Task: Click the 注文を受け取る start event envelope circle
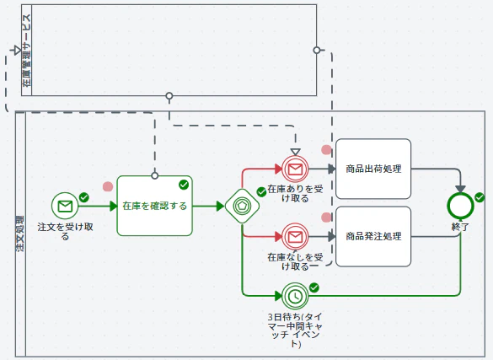[65, 206]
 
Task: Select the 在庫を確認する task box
[155, 206]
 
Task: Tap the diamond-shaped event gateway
[242, 206]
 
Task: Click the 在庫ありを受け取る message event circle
[295, 169]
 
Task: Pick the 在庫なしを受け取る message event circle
[295, 236]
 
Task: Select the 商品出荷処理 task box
[373, 169]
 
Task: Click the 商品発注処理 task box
[373, 236]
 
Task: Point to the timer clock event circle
[295, 296]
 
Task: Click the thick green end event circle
[460, 206]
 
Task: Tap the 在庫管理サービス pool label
[27, 51]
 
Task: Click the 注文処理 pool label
[20, 234]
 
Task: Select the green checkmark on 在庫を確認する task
[184, 185]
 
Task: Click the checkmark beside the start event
[84, 197]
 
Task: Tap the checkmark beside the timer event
[313, 287]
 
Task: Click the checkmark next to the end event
[480, 197]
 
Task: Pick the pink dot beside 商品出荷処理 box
[326, 150]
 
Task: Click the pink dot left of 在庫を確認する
[108, 187]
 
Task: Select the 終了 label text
[460, 227]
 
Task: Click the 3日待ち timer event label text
[295, 330]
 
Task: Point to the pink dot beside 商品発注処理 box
[326, 218]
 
